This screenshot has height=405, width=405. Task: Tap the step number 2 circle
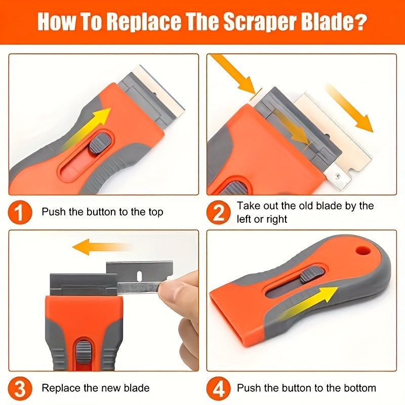click(x=218, y=212)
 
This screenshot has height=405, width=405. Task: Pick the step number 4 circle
click(x=218, y=388)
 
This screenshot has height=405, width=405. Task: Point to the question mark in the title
click(x=360, y=22)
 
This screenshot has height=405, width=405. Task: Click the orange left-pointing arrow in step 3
click(x=96, y=248)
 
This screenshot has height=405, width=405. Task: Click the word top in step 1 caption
click(x=153, y=212)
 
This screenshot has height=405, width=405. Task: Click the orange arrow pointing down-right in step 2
click(x=349, y=106)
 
